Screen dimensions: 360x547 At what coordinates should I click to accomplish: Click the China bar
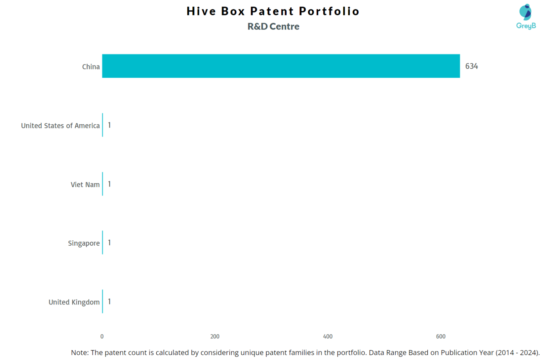(281, 66)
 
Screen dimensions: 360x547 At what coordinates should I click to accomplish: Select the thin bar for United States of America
(103, 125)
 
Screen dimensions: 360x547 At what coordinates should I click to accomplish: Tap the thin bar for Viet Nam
(103, 184)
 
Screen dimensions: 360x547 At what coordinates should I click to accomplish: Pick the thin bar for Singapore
(103, 242)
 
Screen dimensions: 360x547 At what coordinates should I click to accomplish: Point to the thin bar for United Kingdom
(103, 301)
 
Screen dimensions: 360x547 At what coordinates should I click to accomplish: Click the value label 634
(472, 66)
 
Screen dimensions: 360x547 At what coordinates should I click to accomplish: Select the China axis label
(91, 67)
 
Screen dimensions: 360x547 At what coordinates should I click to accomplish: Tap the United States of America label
(60, 126)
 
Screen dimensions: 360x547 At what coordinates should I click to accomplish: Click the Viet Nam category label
(85, 184)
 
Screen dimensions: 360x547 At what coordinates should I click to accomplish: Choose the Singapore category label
(84, 243)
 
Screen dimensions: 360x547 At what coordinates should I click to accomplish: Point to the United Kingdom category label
(74, 302)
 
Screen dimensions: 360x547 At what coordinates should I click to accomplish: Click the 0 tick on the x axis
(102, 336)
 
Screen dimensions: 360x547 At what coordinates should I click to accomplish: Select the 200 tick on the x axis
(215, 336)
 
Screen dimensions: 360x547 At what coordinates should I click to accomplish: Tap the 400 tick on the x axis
(328, 336)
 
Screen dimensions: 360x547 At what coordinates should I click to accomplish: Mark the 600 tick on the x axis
(441, 336)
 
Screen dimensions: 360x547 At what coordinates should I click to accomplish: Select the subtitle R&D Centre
(273, 26)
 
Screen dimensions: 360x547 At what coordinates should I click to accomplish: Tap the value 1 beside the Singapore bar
(109, 243)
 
